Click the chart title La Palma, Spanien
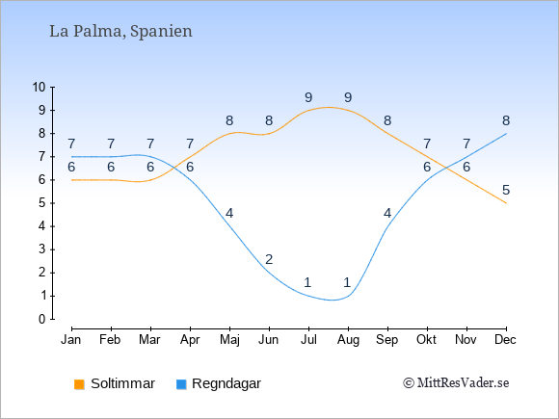(120, 32)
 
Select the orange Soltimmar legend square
(79, 384)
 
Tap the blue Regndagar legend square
(181, 384)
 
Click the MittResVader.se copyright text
(456, 383)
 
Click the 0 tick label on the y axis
(42, 319)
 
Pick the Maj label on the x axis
(229, 340)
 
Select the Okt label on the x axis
(426, 340)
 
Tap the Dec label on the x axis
(506, 340)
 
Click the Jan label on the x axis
(71, 340)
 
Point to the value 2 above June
(269, 259)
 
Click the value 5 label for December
(506, 191)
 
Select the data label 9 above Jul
(308, 97)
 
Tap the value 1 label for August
(347, 282)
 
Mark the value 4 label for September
(387, 214)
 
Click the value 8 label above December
(506, 120)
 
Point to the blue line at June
(269, 273)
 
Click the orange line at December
(506, 203)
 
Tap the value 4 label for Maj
(229, 214)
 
